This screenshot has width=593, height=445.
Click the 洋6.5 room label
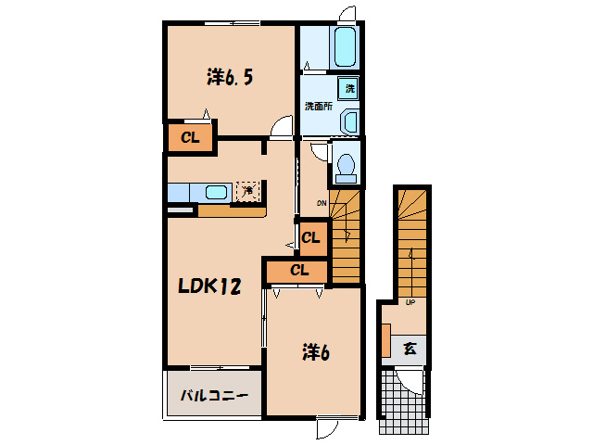(229, 78)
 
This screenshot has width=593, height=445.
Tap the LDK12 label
(209, 286)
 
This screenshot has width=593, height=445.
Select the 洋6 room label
(315, 352)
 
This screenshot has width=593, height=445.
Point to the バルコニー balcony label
(214, 396)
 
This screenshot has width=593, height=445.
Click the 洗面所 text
(319, 106)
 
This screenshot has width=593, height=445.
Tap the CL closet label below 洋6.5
(190, 139)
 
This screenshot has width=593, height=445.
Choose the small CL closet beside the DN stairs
(311, 237)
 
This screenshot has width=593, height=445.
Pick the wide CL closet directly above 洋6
(298, 271)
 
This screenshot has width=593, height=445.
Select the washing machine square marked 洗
(350, 88)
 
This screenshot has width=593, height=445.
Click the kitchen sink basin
(216, 192)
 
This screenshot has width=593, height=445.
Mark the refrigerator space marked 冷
(247, 191)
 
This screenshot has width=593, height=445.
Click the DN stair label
(322, 203)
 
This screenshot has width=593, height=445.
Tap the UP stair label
(409, 301)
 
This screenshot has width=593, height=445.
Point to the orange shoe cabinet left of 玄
(385, 339)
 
